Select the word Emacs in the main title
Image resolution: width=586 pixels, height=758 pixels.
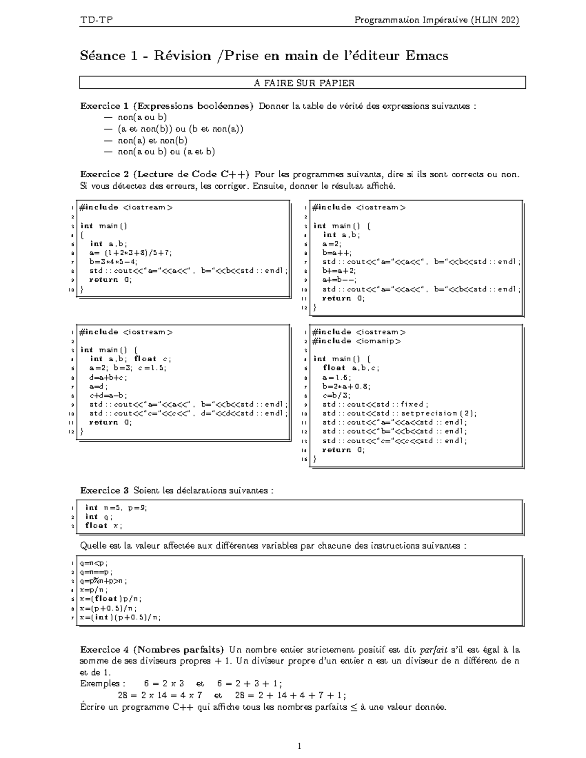(x=426, y=56)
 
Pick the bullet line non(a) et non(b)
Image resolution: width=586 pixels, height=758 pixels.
(x=152, y=140)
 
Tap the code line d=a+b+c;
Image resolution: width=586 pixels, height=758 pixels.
(x=108, y=377)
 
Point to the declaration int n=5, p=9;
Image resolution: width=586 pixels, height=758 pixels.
(x=116, y=508)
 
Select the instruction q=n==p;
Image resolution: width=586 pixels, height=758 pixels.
(x=97, y=572)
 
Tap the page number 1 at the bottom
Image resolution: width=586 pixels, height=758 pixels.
(x=299, y=746)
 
